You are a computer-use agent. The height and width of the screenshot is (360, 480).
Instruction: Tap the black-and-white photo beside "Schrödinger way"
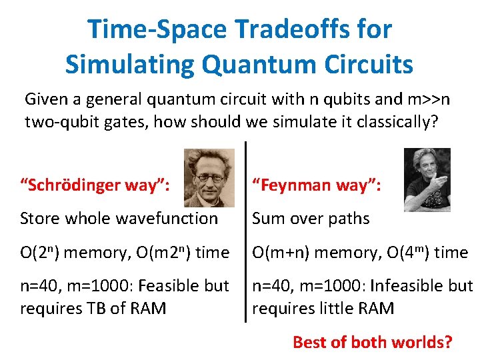209,177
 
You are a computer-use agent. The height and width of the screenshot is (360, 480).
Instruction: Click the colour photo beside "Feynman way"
427,179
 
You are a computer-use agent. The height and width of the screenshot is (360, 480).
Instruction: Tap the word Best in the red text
309,343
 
